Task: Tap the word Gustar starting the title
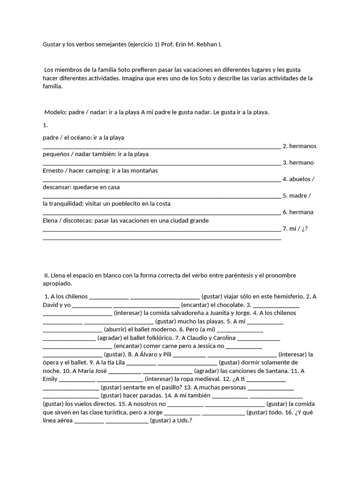[x=52, y=44]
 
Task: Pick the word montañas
[x=142, y=171]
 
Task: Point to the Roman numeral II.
[x=47, y=275]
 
